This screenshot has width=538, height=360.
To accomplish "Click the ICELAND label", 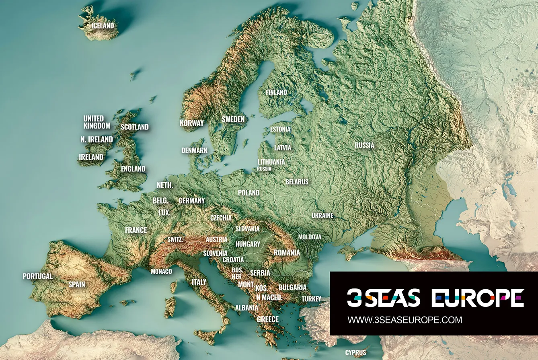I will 103,26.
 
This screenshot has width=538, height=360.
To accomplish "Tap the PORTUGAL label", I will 37,276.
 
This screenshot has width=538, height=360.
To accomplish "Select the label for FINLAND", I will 276,93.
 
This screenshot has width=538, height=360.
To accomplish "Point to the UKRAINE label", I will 322,216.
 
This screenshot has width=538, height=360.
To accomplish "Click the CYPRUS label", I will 356,352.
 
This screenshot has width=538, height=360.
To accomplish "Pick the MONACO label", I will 161,272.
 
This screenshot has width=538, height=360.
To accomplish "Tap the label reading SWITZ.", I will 175,239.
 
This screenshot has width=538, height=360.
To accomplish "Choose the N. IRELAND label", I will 97,140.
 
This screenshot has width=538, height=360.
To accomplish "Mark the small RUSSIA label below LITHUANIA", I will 264,169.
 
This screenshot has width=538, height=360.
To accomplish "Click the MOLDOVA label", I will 310,237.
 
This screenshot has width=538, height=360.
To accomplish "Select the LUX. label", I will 164,212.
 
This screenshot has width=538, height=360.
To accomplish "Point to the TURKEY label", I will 312,299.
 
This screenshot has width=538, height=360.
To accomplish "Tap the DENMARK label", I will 194,150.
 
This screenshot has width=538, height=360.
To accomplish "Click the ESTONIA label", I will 280,130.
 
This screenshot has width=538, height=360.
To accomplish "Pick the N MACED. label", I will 269,298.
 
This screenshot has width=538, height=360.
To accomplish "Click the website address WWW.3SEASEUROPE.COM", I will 405,320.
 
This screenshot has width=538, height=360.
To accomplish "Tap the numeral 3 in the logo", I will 355,298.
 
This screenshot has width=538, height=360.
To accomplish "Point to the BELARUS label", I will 297,182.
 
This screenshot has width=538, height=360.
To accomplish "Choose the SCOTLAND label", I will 135,127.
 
